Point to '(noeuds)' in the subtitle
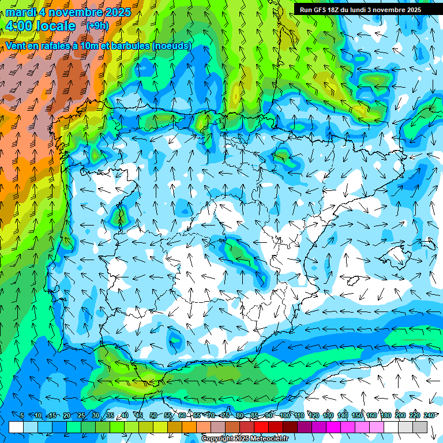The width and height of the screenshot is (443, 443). (x=172, y=46)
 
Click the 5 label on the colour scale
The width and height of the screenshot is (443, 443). (x=21, y=416)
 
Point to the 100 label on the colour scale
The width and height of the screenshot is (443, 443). (x=285, y=416)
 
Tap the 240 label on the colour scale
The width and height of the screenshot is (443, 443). (x=429, y=416)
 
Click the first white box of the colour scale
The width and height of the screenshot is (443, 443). (x=16, y=427)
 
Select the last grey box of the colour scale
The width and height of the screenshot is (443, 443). (x=420, y=427)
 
